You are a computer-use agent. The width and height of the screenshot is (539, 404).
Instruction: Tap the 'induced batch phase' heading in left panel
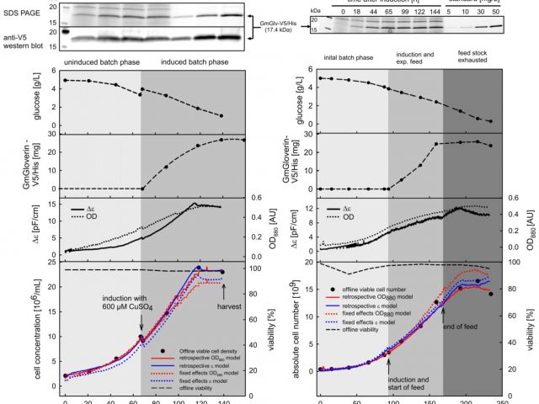194,62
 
